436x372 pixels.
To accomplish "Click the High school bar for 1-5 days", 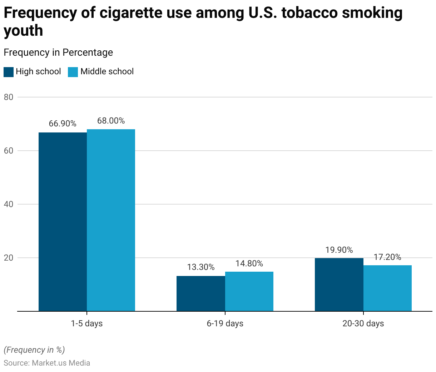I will [x=63, y=222].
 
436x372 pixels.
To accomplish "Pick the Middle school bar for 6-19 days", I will [x=249, y=291].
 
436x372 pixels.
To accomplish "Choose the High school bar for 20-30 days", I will [x=339, y=285].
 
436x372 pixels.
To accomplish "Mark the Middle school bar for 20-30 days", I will [x=387, y=288].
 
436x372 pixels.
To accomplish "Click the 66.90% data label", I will [x=63, y=124].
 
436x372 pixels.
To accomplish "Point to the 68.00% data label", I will [x=111, y=121].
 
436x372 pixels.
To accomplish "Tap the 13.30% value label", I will [x=201, y=267].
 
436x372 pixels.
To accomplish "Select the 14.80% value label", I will [x=249, y=263].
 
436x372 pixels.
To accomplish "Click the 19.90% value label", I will [x=339, y=250].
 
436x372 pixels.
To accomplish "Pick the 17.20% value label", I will [x=387, y=257].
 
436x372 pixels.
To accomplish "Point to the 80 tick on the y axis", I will [x=9, y=97].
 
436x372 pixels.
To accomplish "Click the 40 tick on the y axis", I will [x=9, y=204].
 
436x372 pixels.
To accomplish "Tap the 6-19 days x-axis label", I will [x=225, y=323].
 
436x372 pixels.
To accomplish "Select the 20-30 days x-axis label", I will [x=363, y=323].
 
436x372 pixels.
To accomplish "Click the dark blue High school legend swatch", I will [x=9, y=72].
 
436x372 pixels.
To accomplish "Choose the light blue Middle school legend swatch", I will [x=73, y=72].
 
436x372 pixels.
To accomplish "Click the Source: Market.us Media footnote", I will [x=47, y=363].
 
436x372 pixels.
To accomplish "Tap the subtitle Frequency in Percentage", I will [x=58, y=52].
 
